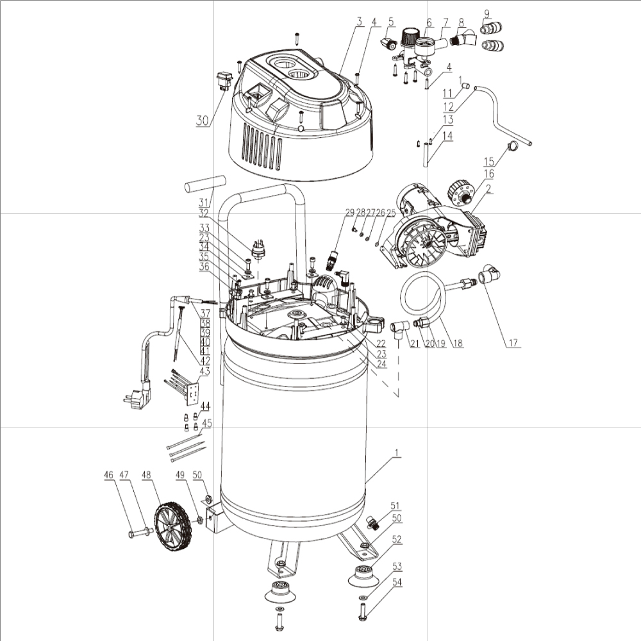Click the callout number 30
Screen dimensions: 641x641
pyautogui.click(x=202, y=121)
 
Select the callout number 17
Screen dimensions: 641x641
pyautogui.click(x=513, y=342)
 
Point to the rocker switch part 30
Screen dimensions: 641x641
pyautogui.click(x=224, y=81)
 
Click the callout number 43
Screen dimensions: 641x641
pyautogui.click(x=204, y=371)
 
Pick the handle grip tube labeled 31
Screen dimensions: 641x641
pyautogui.click(x=205, y=185)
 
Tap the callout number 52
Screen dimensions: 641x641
pyautogui.click(x=397, y=539)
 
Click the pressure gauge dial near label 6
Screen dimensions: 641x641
pyautogui.click(x=425, y=46)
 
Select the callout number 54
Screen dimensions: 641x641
pyautogui.click(x=397, y=582)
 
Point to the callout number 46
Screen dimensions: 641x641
pyautogui.click(x=108, y=474)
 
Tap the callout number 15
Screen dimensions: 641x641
pyautogui.click(x=489, y=162)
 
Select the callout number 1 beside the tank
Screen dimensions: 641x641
pyautogui.click(x=395, y=453)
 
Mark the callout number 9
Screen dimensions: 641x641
pyautogui.click(x=487, y=13)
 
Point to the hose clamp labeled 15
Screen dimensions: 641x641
pyautogui.click(x=513, y=145)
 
